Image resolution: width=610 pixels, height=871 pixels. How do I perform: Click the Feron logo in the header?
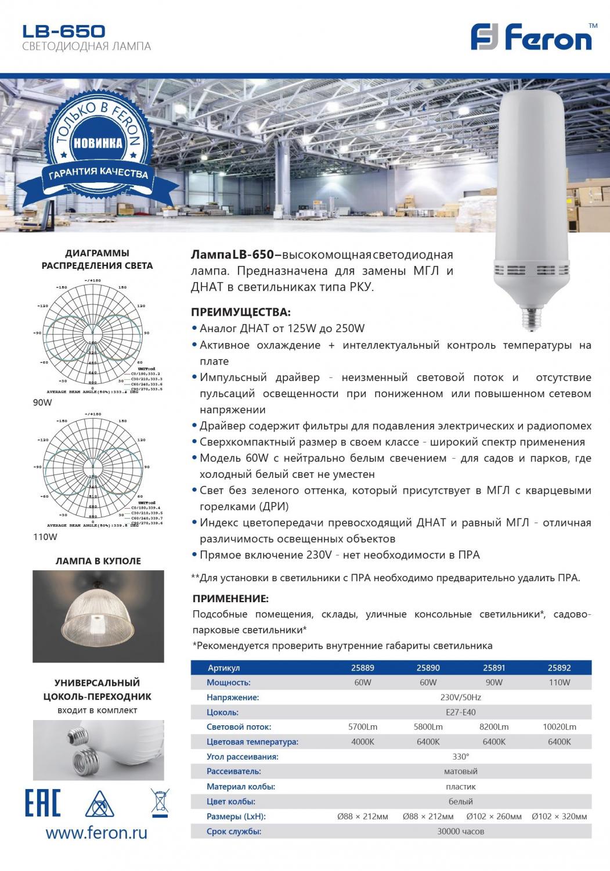(531, 38)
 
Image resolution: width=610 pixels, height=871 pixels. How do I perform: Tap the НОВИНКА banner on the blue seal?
(98, 142)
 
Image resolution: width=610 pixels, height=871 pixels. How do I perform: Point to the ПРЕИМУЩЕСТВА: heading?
(241, 312)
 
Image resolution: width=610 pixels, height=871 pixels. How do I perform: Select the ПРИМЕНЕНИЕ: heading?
(230, 599)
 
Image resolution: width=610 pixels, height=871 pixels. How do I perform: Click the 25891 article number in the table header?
(494, 668)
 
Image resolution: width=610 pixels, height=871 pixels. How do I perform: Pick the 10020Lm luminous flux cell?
(559, 727)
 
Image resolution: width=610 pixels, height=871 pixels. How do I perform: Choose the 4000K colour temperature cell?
(363, 742)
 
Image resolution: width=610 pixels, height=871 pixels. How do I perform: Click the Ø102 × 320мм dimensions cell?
(559, 816)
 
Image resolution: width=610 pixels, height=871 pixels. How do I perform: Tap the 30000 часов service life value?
(460, 831)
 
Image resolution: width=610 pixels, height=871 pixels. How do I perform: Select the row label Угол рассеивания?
(243, 757)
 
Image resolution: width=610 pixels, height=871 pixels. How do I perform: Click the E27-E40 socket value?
(460, 712)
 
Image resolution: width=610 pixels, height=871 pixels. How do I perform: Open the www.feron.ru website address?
(96, 833)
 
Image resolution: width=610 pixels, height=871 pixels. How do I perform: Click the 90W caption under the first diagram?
(42, 402)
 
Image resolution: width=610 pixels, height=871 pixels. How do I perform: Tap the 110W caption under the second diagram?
(45, 537)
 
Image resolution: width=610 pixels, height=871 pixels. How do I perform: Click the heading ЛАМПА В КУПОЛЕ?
(98, 561)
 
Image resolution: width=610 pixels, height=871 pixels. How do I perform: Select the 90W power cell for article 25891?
(494, 682)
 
